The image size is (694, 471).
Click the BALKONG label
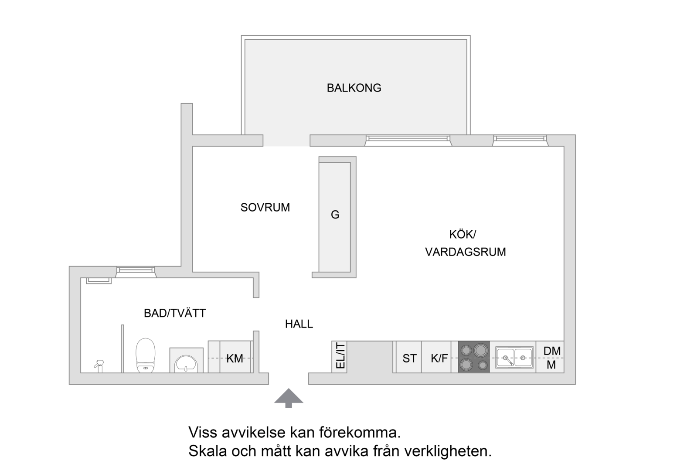point(354,88)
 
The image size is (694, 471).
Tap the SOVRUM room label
point(265,207)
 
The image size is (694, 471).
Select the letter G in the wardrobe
point(335,215)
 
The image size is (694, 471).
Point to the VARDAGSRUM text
point(465,252)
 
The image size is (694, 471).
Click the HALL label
point(299,324)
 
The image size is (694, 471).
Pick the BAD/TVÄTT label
point(175,313)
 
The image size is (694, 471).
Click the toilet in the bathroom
point(145,355)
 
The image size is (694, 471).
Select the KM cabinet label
point(235,358)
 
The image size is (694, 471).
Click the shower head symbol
point(99,365)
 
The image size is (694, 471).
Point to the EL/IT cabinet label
point(340,356)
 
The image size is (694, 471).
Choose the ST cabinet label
point(409,358)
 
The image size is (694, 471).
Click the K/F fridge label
point(439,358)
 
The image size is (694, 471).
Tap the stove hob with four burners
point(474,357)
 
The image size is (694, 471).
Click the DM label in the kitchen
point(552,351)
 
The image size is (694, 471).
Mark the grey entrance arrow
point(289,398)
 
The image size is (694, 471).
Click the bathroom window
point(136,272)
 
